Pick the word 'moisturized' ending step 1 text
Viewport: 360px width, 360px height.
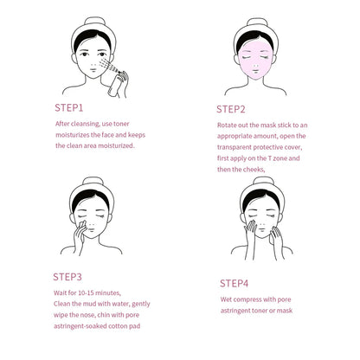(112, 145)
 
